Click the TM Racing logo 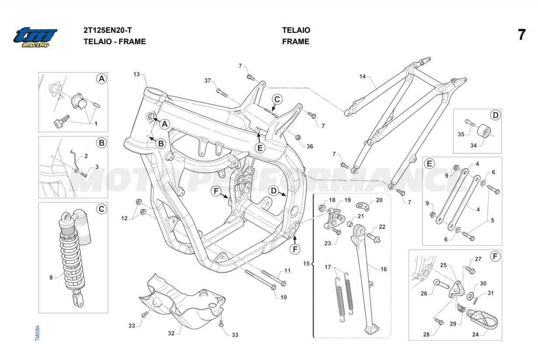[x=35, y=38]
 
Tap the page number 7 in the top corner [x=521, y=35]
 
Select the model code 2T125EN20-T [x=108, y=30]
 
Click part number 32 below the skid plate [x=171, y=333]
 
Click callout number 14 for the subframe [x=362, y=77]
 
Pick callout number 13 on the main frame [x=136, y=74]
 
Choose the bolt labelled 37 [x=221, y=92]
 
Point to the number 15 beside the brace [x=307, y=263]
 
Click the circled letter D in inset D [x=495, y=115]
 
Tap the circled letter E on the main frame [x=260, y=148]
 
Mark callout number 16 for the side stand [x=383, y=269]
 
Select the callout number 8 [x=51, y=277]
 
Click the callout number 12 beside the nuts [x=124, y=218]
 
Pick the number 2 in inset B [x=86, y=156]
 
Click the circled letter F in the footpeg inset [x=495, y=256]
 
